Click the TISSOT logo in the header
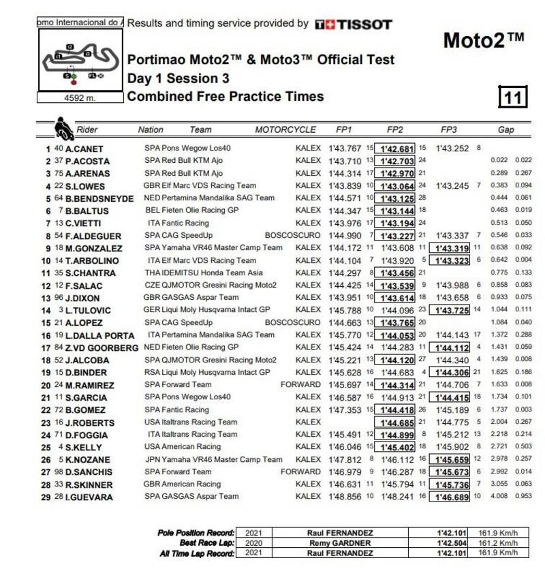(x=354, y=25)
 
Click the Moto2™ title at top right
(x=484, y=40)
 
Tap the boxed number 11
(x=513, y=97)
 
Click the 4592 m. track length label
(x=80, y=97)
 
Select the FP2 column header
(x=394, y=129)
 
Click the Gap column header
(x=505, y=129)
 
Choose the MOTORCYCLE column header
(x=285, y=129)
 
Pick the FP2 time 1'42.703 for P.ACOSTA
(x=397, y=161)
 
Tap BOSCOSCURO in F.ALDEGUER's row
(x=292, y=235)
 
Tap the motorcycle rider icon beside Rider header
(x=64, y=127)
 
